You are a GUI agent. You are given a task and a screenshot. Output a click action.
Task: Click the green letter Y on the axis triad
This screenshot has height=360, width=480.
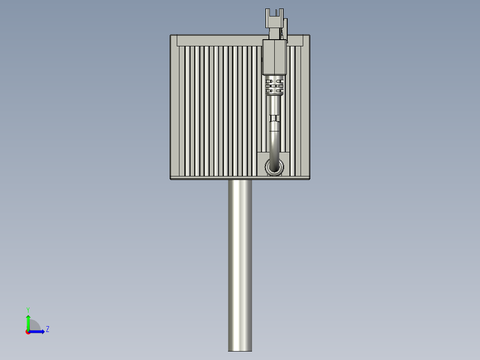tap(28, 309)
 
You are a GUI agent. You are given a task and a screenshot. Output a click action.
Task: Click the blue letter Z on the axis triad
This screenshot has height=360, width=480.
tap(47, 329)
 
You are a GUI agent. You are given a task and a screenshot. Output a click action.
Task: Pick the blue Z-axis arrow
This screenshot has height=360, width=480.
tap(38, 331)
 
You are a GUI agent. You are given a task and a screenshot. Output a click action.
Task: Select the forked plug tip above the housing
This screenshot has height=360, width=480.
tap(274, 18)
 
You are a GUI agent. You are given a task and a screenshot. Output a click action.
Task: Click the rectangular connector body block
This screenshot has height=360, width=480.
tap(274, 57)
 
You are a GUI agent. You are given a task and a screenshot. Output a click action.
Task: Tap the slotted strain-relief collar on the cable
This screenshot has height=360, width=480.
tap(274, 85)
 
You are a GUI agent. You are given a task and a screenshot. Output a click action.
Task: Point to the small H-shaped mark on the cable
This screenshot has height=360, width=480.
tap(274, 118)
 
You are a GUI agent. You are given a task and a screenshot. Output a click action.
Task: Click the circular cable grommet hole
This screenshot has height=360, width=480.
tap(274, 168)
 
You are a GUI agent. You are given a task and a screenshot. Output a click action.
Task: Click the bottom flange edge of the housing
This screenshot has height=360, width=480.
tap(240, 178)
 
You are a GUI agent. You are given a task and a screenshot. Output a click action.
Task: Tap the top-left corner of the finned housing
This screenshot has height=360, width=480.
tap(171, 36)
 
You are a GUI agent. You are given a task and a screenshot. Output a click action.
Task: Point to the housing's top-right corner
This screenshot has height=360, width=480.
tap(309, 36)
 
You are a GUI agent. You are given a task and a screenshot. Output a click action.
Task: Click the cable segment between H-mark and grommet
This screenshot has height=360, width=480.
tap(274, 143)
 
